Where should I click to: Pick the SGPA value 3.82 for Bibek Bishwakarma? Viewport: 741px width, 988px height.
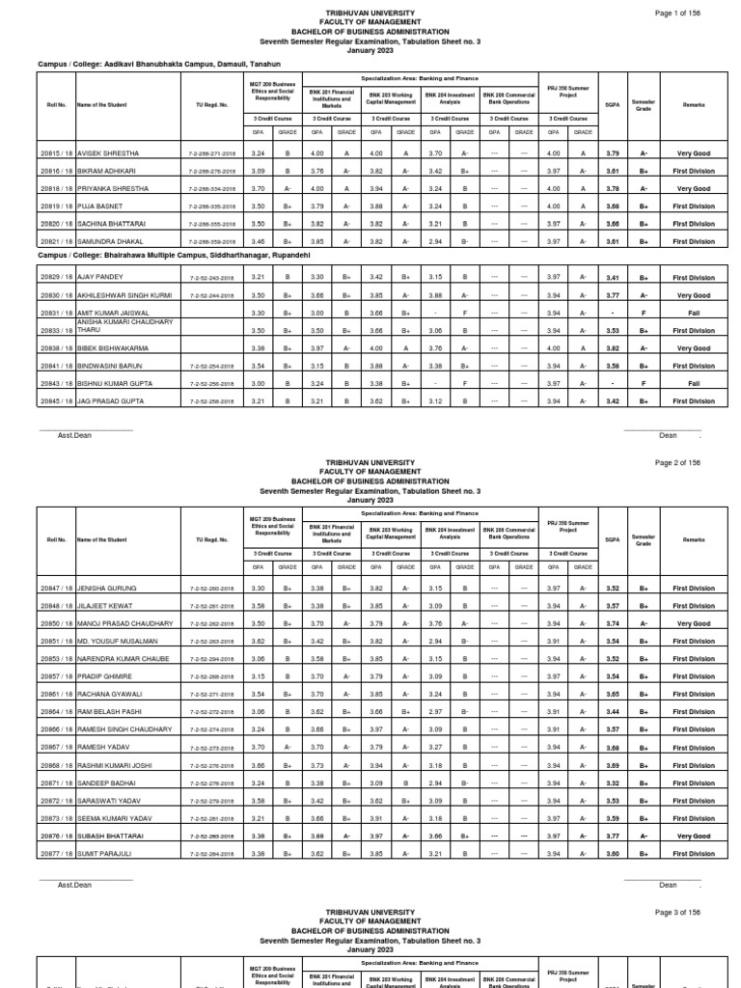click(x=611, y=348)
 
